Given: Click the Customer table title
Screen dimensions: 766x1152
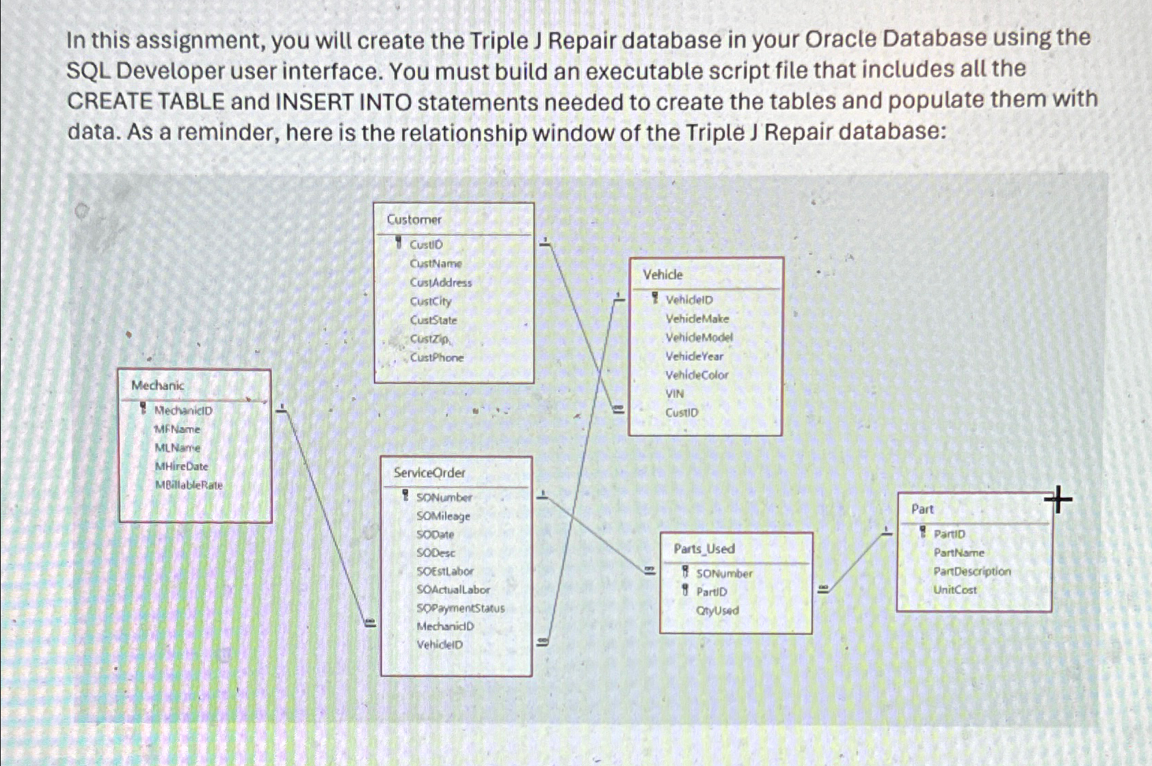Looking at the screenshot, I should tap(414, 219).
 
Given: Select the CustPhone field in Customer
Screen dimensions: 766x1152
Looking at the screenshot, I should tap(437, 357).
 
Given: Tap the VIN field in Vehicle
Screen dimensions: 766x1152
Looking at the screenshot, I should tap(675, 394).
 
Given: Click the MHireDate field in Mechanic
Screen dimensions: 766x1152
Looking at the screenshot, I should tap(182, 466).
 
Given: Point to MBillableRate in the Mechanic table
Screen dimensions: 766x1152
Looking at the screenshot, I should tap(189, 485).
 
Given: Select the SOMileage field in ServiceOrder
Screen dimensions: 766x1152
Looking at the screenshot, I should tap(444, 516).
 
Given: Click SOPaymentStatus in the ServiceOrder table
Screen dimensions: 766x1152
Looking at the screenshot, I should tap(461, 607).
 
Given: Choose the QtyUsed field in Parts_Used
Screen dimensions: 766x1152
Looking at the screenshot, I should tap(718, 610).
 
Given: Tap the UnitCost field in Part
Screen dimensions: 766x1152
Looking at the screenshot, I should tap(955, 590).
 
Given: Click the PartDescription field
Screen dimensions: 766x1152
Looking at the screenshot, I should tap(972, 571).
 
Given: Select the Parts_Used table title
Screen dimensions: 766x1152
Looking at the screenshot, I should tap(704, 549).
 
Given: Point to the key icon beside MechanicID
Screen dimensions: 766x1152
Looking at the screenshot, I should tap(144, 409).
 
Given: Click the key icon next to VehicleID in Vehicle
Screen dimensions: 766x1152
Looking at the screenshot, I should tap(655, 298).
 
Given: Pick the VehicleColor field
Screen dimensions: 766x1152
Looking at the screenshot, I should tap(697, 374).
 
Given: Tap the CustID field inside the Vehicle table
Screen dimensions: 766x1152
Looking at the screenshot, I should tap(682, 412).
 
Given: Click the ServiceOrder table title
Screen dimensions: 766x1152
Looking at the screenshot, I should tap(429, 472).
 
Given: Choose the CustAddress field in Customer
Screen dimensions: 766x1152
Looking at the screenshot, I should tap(441, 282).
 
